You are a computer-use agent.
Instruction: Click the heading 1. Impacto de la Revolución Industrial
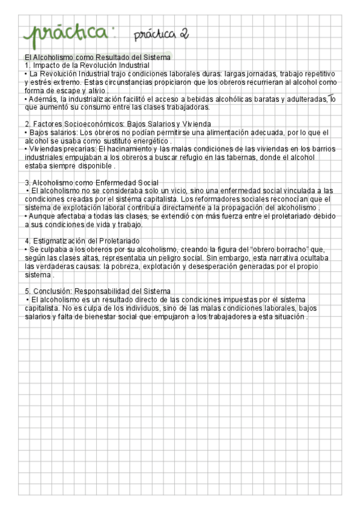pos(87,65)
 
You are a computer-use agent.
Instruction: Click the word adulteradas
pos(304,99)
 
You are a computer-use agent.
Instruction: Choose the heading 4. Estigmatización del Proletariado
pos(84,241)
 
